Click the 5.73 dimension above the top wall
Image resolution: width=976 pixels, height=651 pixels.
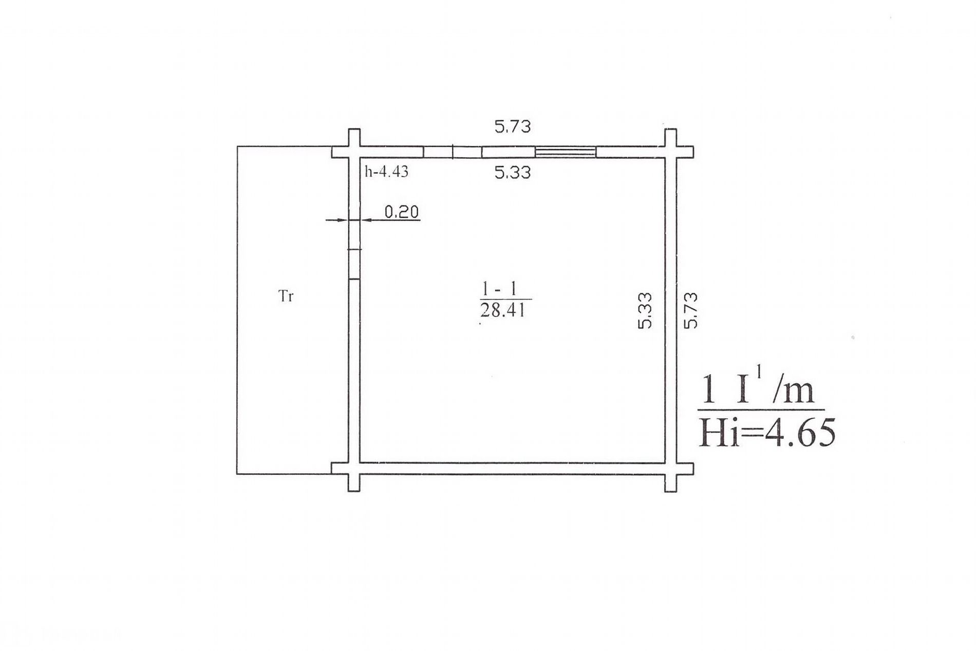(x=512, y=126)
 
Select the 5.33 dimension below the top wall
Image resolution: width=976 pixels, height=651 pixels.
(x=512, y=173)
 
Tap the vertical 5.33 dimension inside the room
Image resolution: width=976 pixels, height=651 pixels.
(x=645, y=310)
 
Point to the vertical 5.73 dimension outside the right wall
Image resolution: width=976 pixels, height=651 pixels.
(x=691, y=310)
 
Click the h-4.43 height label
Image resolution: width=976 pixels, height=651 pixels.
(x=386, y=172)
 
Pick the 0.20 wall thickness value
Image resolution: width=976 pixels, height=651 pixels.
(x=402, y=212)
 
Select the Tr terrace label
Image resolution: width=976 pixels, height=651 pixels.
(x=286, y=296)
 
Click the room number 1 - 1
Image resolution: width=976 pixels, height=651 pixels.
(x=499, y=290)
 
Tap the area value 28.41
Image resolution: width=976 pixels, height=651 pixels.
(x=503, y=310)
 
